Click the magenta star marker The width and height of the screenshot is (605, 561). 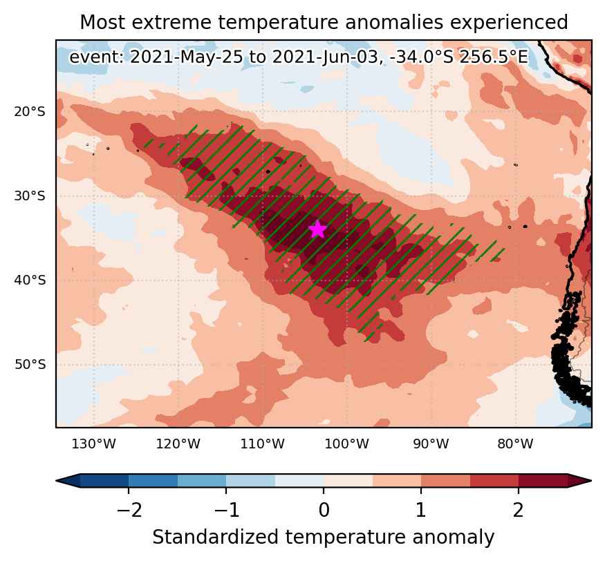pos(317,229)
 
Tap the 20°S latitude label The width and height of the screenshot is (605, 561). pos(30,112)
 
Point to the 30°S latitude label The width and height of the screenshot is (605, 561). pos(30,196)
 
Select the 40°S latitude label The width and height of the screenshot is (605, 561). pos(30,280)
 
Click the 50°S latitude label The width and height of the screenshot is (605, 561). pos(30,364)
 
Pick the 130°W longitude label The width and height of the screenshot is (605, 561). pos(94,444)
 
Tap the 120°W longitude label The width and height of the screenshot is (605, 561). pos(178,444)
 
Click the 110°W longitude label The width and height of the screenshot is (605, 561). pos(262,444)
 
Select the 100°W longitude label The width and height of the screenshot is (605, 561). pos(346,444)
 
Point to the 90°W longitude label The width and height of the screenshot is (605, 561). pos(431,444)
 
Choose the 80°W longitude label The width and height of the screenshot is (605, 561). pos(515,444)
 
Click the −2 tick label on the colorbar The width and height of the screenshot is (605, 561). pos(129,510)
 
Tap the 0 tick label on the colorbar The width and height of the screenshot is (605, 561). pos(324,510)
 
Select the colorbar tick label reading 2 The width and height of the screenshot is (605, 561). pos(518,510)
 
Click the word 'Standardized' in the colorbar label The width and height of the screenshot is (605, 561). pos(215,537)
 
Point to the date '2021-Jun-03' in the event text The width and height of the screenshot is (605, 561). pos(325,57)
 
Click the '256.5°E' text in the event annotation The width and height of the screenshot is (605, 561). pos(493,57)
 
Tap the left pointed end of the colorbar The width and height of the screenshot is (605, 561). pos(57,480)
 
